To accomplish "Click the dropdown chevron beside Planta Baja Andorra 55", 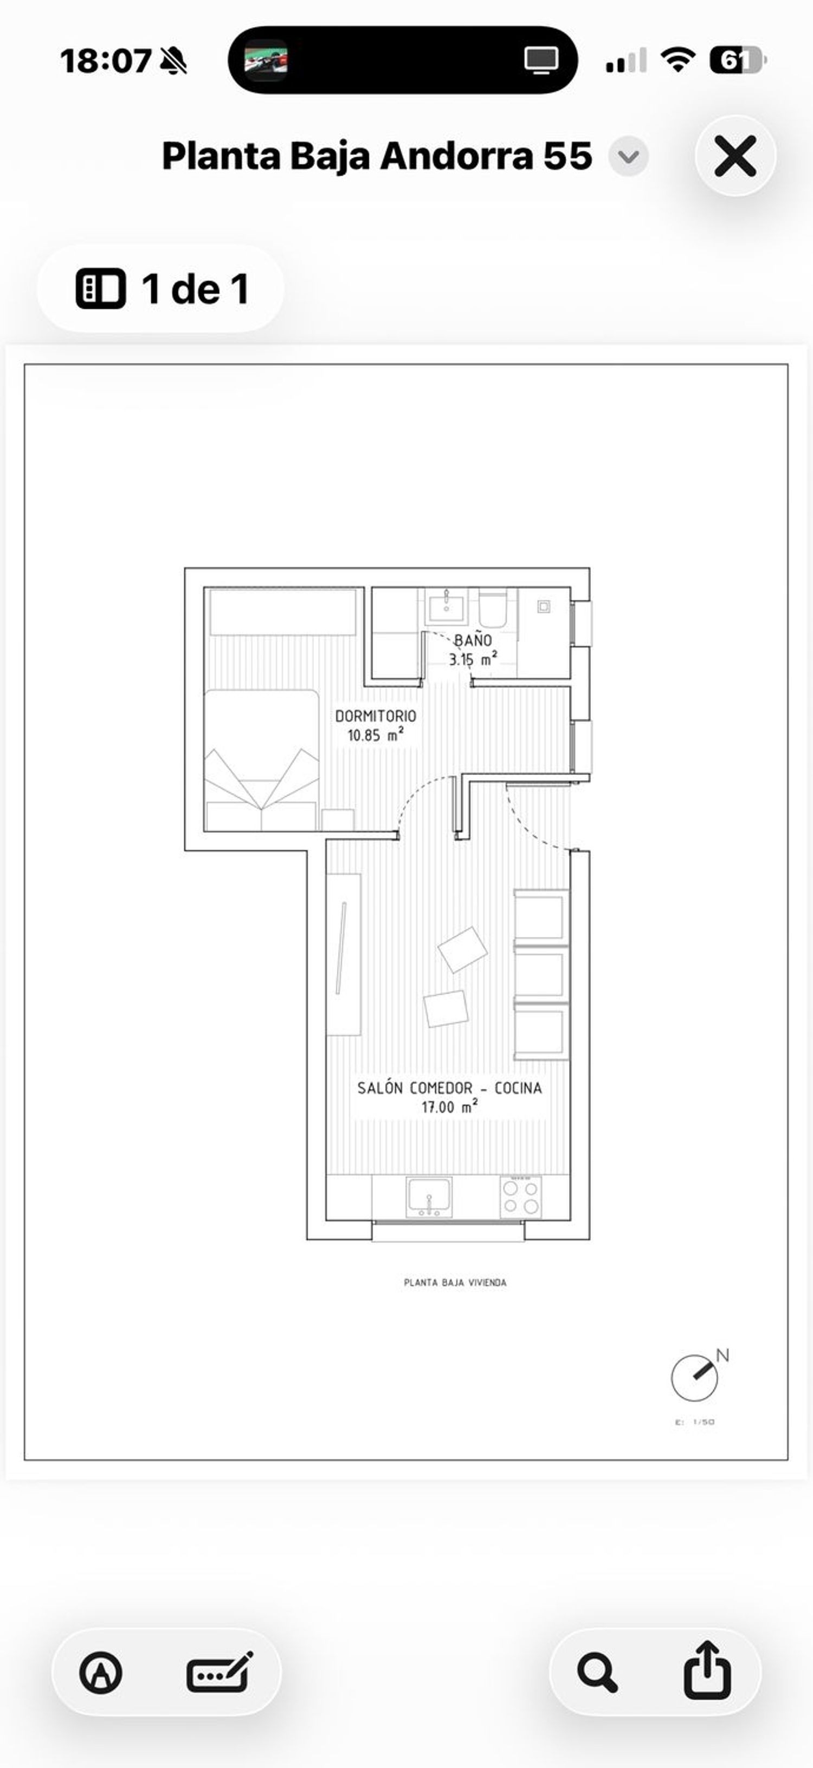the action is [628, 157].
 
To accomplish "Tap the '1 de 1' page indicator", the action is [160, 288].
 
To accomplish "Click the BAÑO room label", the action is [473, 640].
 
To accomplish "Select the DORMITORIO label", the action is [375, 716].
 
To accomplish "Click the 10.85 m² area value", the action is [375, 735].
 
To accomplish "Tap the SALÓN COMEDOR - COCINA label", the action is [449, 1088].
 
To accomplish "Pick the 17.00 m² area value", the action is [449, 1107].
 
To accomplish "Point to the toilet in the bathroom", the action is [493, 607].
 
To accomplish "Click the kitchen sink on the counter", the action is [429, 1196].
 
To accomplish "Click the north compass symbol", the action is [695, 1377].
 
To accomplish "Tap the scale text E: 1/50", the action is [695, 1422].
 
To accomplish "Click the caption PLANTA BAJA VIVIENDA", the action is [455, 1282].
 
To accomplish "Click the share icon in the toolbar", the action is [707, 1670].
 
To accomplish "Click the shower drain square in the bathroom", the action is [544, 607].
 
